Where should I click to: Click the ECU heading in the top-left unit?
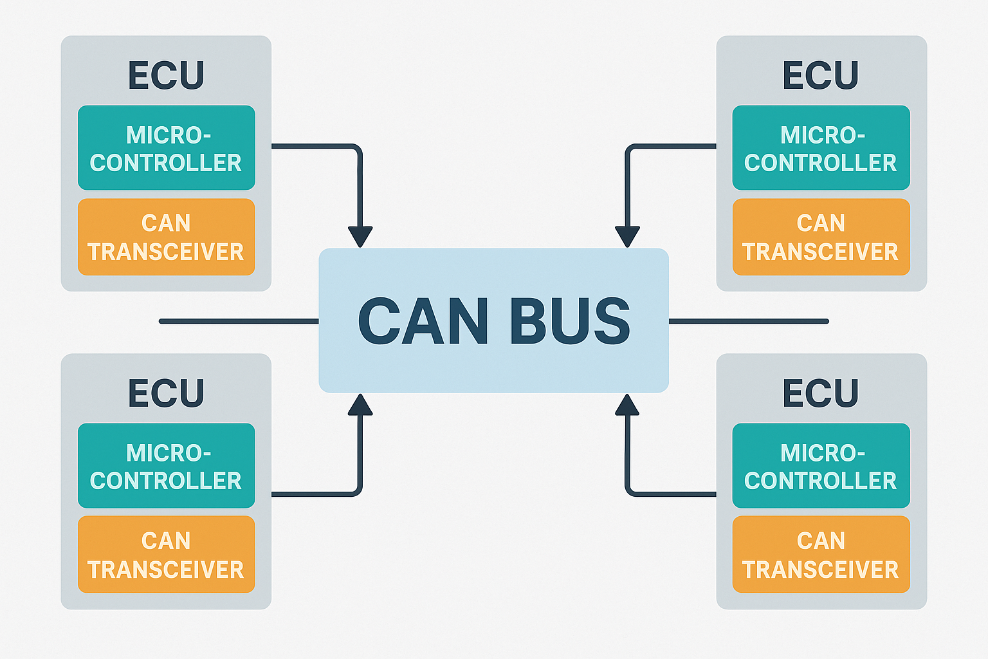[x=166, y=75]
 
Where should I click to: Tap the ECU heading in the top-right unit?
[x=821, y=75]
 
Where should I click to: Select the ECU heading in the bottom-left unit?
[x=166, y=393]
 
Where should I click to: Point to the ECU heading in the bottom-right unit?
[x=821, y=393]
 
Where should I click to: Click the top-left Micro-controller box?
[x=166, y=148]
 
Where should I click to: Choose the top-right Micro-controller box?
[x=821, y=148]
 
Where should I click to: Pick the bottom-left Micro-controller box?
[x=166, y=466]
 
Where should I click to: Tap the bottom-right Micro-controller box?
[x=821, y=466]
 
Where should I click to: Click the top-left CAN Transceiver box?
[x=166, y=237]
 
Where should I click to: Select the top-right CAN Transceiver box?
[x=821, y=237]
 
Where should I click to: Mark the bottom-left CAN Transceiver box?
[x=166, y=554]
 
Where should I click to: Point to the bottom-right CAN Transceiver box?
[x=821, y=554]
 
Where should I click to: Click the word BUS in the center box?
[x=570, y=321]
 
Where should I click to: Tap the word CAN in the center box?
[x=423, y=321]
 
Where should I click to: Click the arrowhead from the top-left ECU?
[x=360, y=236]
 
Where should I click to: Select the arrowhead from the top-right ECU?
[x=627, y=236]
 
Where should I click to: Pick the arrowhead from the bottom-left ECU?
[x=360, y=405]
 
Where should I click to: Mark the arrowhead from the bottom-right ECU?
[x=627, y=405]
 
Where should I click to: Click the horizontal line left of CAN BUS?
[x=239, y=321]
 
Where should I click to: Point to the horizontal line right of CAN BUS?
[x=749, y=321]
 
